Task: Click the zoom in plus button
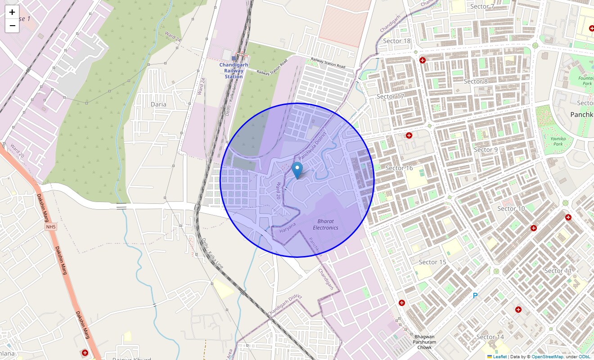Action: point(12,12)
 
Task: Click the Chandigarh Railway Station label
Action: point(234,71)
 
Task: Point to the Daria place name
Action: point(158,104)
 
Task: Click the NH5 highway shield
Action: point(50,227)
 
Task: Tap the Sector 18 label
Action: point(396,41)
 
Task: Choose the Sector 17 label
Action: point(390,96)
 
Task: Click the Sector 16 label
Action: point(399,168)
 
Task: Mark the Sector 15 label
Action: point(432,262)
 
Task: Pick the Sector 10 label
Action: point(511,208)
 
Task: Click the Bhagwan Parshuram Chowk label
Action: point(424,342)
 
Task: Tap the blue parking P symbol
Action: point(475,296)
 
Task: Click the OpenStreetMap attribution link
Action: point(547,356)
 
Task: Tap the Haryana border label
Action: point(288,227)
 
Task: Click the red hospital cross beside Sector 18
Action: point(423,60)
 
